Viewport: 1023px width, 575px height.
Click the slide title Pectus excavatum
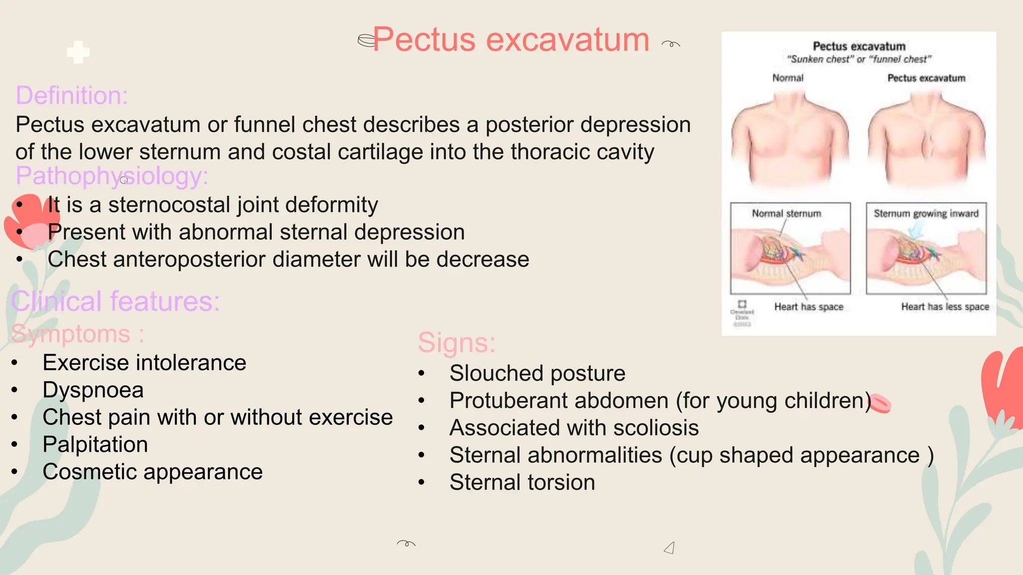(511, 39)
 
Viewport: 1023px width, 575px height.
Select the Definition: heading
(72, 95)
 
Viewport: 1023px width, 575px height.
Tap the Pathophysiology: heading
(112, 176)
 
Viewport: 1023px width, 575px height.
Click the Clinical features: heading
(115, 301)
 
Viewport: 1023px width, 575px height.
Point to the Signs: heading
(457, 343)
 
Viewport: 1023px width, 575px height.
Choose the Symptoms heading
(77, 334)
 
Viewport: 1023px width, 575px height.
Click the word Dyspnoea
(93, 390)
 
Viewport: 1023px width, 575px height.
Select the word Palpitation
(95, 444)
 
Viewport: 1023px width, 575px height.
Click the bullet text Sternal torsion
(522, 482)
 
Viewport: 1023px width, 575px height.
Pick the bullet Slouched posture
(537, 373)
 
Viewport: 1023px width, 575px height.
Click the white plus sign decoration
(78, 52)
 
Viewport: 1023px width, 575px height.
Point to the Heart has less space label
(945, 306)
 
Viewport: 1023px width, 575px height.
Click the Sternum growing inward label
(926, 214)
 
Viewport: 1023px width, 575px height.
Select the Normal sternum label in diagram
(786, 214)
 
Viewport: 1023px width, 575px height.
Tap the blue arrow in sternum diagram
(917, 230)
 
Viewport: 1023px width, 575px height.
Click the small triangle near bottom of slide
(670, 548)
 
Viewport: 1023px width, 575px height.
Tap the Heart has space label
(808, 306)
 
